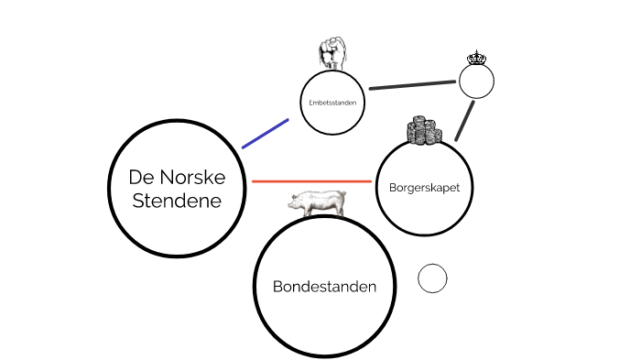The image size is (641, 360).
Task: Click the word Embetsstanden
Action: coord(331,102)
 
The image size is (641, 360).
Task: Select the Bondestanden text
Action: coord(324,287)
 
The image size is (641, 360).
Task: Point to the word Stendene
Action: coord(177,201)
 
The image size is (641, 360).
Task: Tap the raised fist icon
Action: coord(330,53)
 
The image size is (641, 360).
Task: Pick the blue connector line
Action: coord(266,133)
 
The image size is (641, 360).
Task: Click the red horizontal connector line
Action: coord(311,181)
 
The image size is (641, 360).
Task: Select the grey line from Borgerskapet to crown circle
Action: coord(465,119)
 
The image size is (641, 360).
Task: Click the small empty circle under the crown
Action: coord(476,82)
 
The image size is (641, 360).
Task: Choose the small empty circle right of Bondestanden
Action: coord(432,278)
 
